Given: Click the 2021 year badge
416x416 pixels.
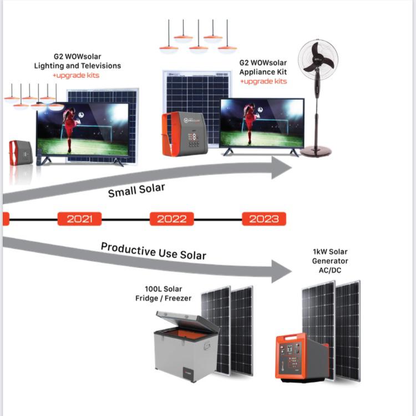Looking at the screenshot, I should pos(79,219).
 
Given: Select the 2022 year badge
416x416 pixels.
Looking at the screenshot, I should pos(171,219).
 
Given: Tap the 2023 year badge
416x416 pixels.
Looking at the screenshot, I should pos(263,219).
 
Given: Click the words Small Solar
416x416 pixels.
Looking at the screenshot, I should pos(136,190).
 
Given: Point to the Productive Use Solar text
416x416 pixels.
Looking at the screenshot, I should pos(153,251).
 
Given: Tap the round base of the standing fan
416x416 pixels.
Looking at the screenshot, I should pos(316,150).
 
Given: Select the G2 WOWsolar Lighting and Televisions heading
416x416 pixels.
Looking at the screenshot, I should pos(77,61).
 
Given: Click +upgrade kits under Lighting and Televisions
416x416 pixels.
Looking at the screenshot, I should pos(76,75).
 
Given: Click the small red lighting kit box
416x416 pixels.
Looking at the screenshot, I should pos(21,153).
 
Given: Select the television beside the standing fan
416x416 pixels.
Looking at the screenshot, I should pos(262,124).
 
